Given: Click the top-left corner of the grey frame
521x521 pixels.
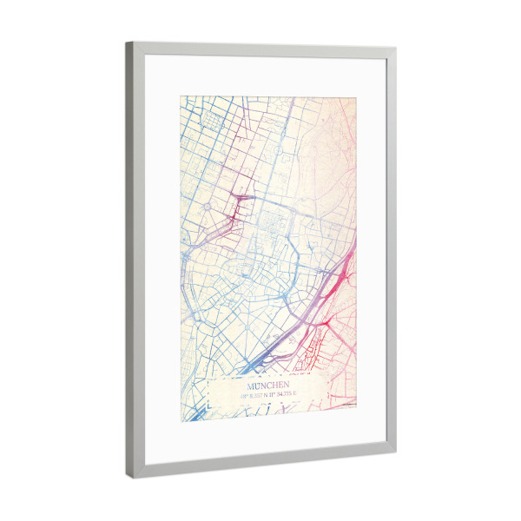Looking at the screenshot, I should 126,43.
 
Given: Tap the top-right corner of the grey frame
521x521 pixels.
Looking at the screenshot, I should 396,47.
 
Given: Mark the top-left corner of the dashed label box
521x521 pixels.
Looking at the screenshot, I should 208,379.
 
